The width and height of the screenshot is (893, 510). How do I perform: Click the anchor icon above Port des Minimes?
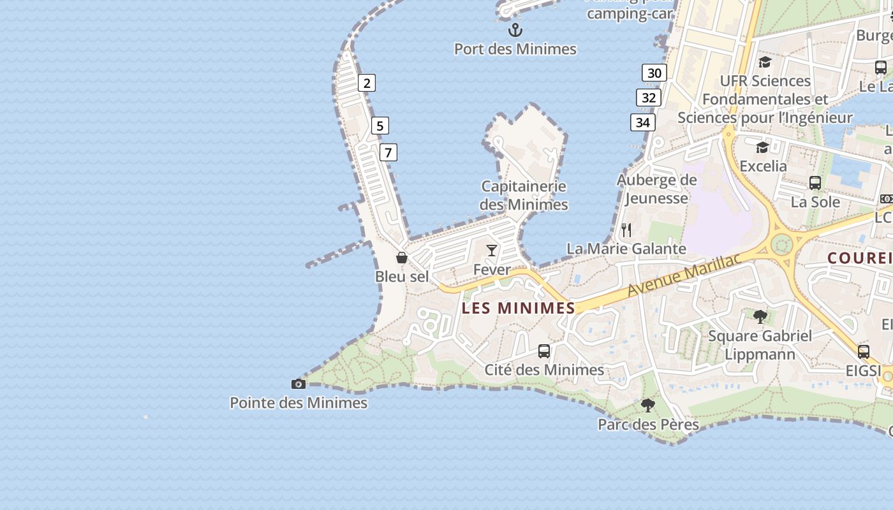(515, 30)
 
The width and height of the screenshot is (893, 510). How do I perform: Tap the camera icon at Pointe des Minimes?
(298, 384)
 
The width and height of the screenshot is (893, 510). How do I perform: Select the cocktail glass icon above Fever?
(491, 250)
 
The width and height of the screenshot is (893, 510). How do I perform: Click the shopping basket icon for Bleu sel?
(402, 258)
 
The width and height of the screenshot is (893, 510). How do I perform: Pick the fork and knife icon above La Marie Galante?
(626, 229)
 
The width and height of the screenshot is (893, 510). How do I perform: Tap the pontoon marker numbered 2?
(366, 83)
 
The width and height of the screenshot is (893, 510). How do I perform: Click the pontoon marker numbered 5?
(380, 126)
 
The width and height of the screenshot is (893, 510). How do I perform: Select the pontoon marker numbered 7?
(388, 152)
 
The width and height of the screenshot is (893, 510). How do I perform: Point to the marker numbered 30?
(654, 73)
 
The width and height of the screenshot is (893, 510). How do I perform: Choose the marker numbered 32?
(649, 98)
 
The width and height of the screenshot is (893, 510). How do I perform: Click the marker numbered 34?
(643, 122)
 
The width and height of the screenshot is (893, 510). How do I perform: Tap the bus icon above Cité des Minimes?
(543, 351)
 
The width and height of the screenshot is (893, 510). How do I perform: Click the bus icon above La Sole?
(815, 183)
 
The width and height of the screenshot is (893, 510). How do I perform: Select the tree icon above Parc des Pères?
(647, 405)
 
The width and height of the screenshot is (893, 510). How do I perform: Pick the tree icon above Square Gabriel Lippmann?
(760, 316)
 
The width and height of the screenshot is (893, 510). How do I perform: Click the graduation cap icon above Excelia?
(762, 148)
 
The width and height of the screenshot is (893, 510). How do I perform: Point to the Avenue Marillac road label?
(684, 275)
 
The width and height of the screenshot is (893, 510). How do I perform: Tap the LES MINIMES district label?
(519, 309)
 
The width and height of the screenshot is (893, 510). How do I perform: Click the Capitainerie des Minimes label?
(524, 195)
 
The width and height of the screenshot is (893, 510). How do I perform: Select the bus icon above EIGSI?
(863, 351)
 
